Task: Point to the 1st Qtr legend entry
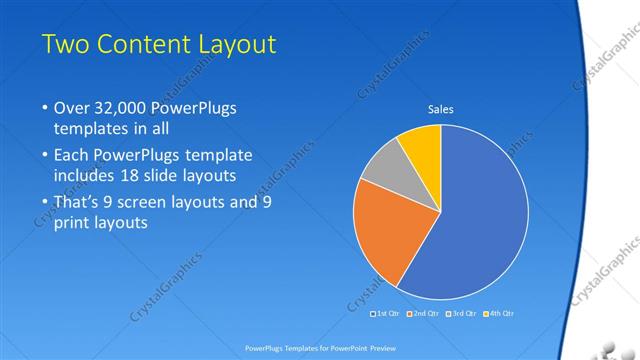(387, 314)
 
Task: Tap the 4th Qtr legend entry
(500, 314)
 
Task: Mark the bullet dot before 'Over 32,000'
(44, 108)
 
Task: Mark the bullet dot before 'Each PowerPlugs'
(44, 156)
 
